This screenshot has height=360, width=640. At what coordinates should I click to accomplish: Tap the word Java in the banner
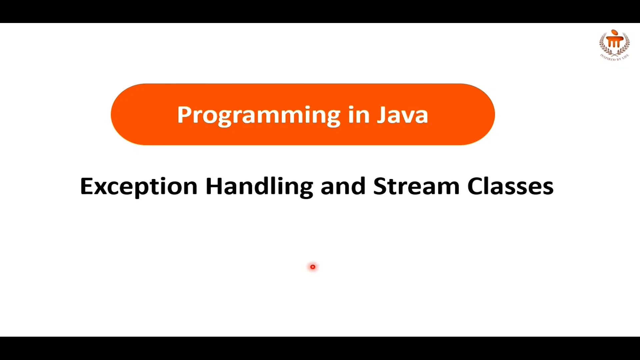click(x=402, y=115)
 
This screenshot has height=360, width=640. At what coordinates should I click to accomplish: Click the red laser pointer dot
click(x=313, y=267)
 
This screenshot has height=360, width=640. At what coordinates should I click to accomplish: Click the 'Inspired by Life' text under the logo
click(x=614, y=58)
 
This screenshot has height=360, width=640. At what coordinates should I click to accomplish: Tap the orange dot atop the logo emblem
click(x=614, y=32)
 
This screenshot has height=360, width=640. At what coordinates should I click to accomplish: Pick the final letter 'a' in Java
click(x=421, y=117)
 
